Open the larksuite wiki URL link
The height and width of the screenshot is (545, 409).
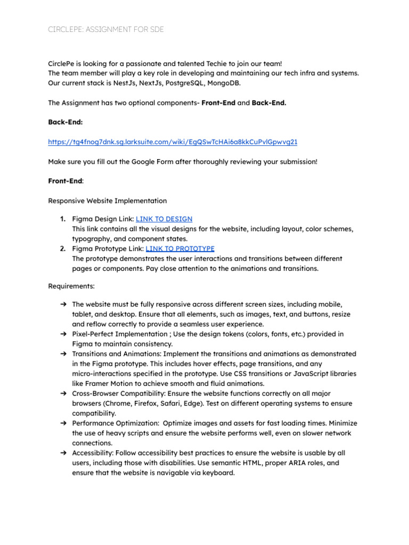click(173, 142)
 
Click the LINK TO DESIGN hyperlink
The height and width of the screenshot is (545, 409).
click(164, 219)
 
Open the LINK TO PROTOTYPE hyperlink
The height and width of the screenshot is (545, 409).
click(180, 249)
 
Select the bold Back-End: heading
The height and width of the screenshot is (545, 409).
click(66, 122)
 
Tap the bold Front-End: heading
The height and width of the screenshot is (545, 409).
click(66, 181)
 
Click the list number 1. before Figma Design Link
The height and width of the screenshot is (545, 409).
click(63, 219)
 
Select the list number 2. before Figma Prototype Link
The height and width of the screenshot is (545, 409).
click(63, 249)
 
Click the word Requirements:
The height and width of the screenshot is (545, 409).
click(71, 286)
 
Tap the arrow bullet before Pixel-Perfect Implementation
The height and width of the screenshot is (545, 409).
click(63, 334)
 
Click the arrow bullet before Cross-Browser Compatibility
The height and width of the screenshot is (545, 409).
click(63, 393)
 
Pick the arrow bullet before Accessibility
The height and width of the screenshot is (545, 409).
click(63, 453)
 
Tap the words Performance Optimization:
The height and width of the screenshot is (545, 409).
click(114, 423)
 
